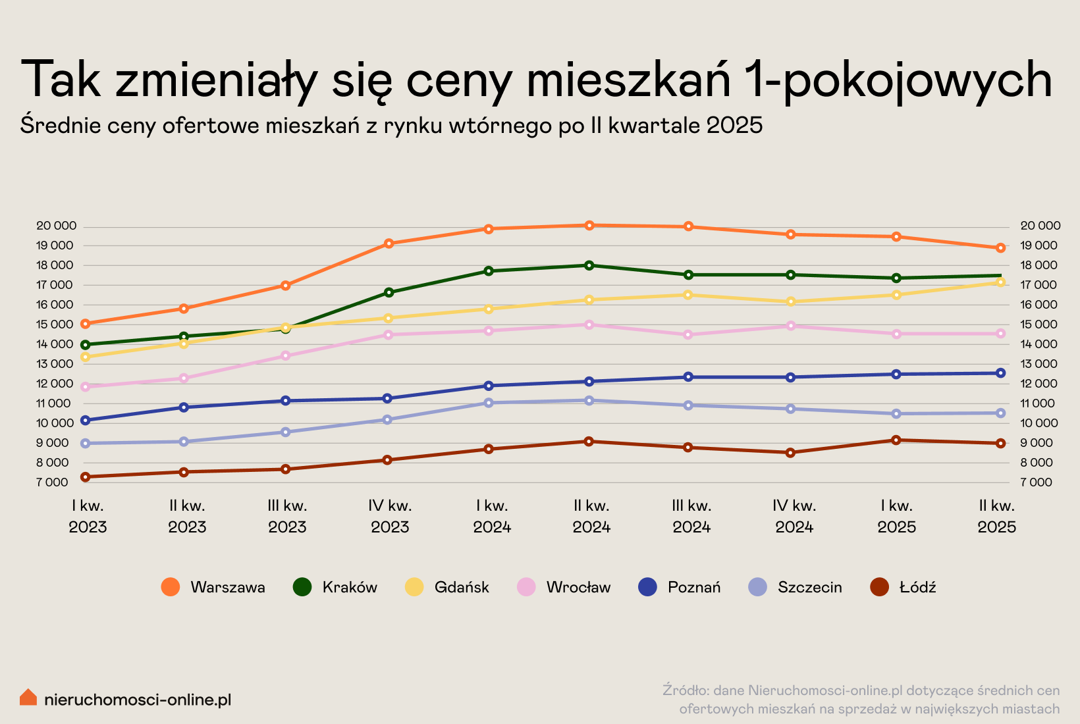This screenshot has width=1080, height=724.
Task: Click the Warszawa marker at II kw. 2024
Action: click(589, 225)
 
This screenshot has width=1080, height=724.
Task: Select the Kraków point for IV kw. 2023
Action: click(389, 292)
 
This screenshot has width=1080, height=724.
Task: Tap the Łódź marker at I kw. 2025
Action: click(896, 440)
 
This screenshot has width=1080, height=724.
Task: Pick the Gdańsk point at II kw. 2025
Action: click(1000, 282)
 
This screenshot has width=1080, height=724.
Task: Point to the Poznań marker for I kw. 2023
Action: click(85, 420)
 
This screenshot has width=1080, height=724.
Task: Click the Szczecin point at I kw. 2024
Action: click(489, 403)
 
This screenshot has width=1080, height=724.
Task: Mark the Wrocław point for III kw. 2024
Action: click(688, 334)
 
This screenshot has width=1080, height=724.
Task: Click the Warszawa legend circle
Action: click(171, 587)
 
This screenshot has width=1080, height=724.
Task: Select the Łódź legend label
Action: click(917, 587)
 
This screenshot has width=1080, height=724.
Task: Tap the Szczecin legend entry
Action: click(809, 587)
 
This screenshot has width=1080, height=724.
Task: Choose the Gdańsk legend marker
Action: click(414, 587)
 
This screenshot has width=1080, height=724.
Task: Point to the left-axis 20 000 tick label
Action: click(56, 226)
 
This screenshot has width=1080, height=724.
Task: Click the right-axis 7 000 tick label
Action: click(1037, 482)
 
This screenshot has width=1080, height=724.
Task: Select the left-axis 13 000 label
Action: click(56, 364)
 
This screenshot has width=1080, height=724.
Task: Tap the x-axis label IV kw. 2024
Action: click(794, 516)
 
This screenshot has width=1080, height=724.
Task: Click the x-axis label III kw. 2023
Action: click(287, 516)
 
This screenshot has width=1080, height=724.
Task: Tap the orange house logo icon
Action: click(28, 697)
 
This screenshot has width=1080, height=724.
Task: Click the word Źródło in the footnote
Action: click(685, 690)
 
